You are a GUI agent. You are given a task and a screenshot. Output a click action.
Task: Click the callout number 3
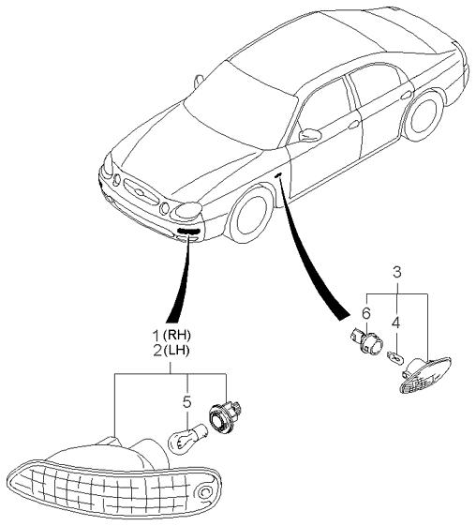(x=396, y=273)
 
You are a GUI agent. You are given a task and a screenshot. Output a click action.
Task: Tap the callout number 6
(x=366, y=314)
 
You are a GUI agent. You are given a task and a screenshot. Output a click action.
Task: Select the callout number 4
(x=395, y=323)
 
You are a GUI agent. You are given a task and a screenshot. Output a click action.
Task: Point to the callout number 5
(x=187, y=402)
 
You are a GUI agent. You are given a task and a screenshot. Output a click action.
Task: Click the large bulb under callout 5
(x=189, y=437)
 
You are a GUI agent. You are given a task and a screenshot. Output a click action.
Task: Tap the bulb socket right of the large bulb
(x=224, y=417)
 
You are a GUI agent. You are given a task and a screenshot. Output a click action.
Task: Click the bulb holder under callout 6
(x=365, y=341)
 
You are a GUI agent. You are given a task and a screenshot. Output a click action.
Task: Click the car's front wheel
(x=250, y=216)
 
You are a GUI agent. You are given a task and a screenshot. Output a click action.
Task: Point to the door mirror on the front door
(x=310, y=134)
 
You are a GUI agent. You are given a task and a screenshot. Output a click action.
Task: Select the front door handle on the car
(x=354, y=125)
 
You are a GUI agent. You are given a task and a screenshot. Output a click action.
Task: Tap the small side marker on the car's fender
(x=278, y=175)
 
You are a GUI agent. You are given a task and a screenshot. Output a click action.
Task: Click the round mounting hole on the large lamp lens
(x=204, y=492)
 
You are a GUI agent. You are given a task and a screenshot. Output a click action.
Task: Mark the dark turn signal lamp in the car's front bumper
(x=188, y=230)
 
